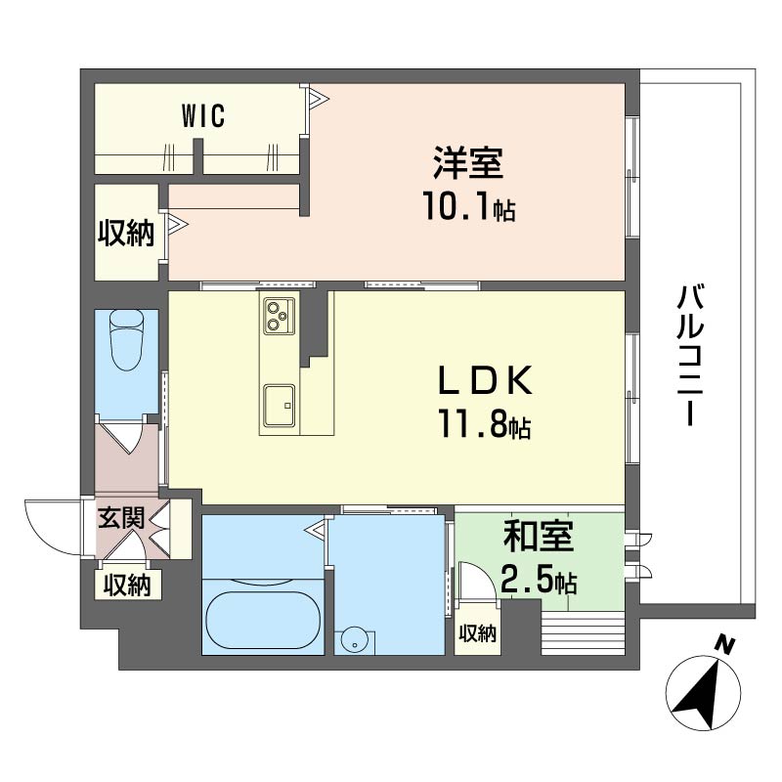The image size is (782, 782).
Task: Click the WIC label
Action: coord(203,115)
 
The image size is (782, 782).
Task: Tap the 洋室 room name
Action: coord(468,162)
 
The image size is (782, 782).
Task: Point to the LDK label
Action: coord(485,380)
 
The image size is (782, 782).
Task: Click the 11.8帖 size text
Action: coord(484,424)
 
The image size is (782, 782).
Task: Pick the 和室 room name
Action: coord(539,536)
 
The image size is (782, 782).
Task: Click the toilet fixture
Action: coord(127,339)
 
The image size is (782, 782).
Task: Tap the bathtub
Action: coord(263,620)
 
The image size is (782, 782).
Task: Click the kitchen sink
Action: coord(280,406)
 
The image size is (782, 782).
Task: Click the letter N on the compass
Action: coord(725,646)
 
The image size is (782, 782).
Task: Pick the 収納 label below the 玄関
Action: coord(127,585)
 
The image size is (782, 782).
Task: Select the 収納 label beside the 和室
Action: coord(478,633)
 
